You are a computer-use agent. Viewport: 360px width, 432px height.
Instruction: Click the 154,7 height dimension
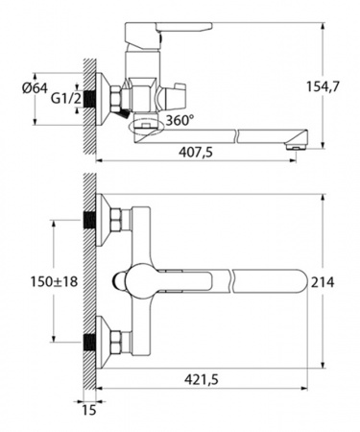[x=323, y=86]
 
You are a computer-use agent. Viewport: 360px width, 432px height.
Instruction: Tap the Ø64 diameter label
[x=35, y=87]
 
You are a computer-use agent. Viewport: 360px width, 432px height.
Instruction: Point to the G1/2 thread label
[x=66, y=99]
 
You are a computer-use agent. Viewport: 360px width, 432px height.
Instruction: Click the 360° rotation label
[x=180, y=120]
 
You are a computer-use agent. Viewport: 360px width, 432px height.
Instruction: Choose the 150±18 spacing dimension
[x=54, y=282]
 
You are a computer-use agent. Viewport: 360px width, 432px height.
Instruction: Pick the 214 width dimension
[x=323, y=282]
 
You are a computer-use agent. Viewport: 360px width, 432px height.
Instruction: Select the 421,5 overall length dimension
[x=202, y=380]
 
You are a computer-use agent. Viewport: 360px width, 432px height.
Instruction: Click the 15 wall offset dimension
[x=89, y=410]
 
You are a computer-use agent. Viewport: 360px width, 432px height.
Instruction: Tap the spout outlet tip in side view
[x=297, y=147]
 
